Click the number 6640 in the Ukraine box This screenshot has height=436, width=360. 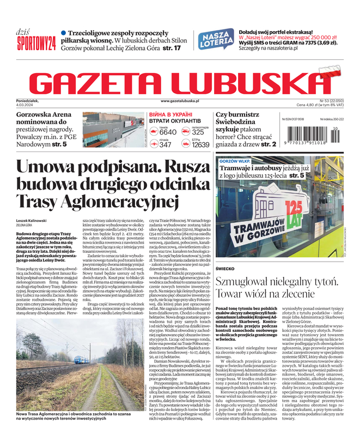click(167, 132)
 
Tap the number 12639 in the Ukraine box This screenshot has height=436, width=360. click(200, 144)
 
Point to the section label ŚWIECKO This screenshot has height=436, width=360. click(224, 269)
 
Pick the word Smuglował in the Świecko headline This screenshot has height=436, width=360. click(242, 282)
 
